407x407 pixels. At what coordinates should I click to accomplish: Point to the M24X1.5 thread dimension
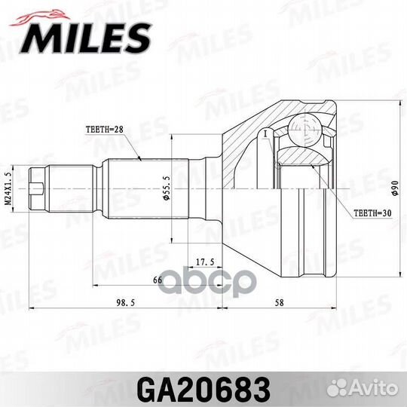(8, 185)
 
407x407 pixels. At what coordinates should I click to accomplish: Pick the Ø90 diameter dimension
(396, 185)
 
